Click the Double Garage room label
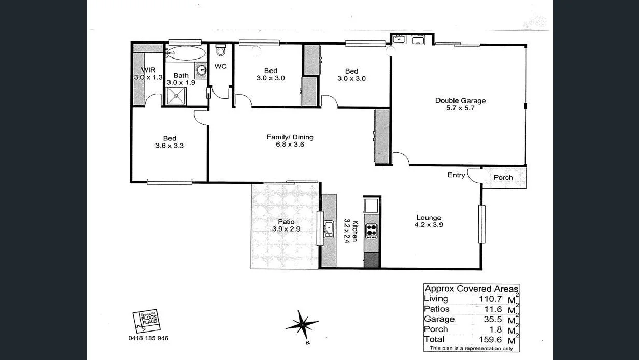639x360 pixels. (x=460, y=100)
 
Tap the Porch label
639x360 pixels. (x=503, y=177)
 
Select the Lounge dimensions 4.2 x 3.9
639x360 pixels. (x=428, y=225)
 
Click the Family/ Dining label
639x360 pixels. (x=290, y=137)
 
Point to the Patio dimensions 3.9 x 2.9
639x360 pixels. (x=286, y=228)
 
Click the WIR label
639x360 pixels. (x=148, y=70)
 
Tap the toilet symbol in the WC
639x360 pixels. (x=221, y=50)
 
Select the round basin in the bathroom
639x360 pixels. (x=202, y=71)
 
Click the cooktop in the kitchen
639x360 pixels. (x=372, y=231)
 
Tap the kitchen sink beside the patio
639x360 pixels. (x=329, y=228)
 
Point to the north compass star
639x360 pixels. (x=302, y=325)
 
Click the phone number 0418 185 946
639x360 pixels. (x=148, y=338)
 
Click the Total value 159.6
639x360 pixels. (x=489, y=340)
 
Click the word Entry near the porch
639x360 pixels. (x=456, y=175)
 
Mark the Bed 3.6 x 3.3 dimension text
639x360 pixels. (x=169, y=146)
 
